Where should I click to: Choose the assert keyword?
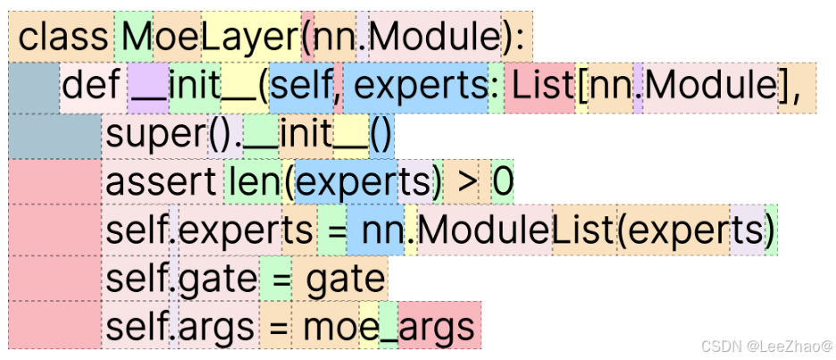[160, 184]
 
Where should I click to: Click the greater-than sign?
[466, 184]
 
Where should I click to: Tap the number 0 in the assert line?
[503, 184]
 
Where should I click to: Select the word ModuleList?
[515, 232]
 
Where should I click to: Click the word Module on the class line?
[433, 38]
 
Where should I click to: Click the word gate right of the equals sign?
[345, 280]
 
